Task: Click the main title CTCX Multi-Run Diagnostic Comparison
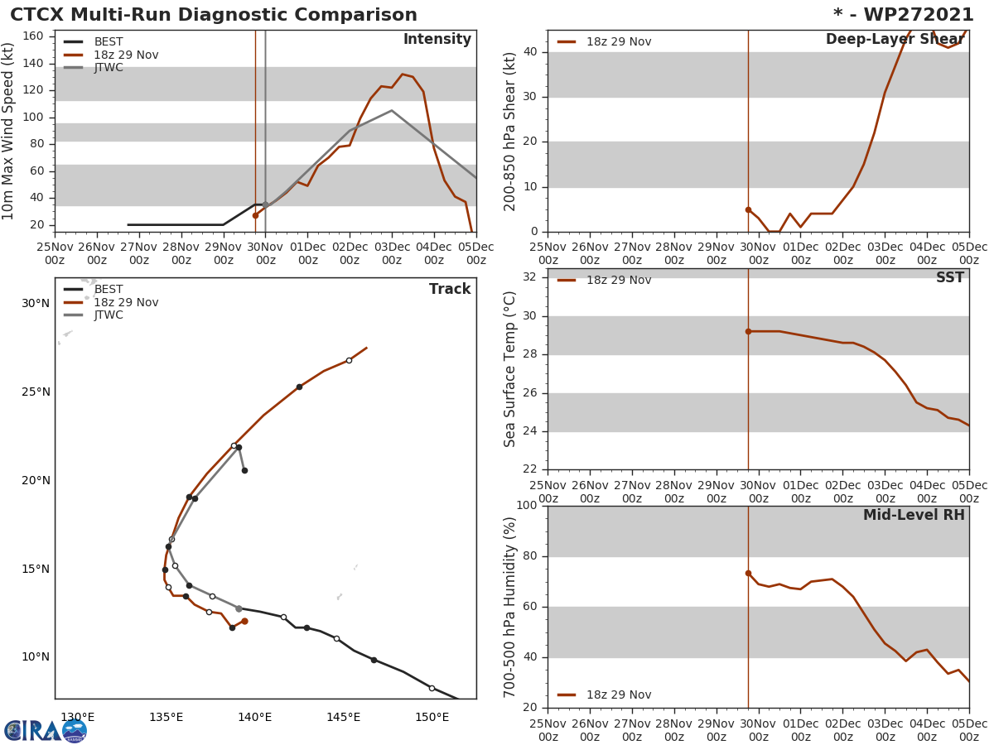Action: [214, 15]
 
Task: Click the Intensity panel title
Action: [437, 40]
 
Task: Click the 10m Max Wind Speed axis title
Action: [9, 131]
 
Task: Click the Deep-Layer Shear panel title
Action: [895, 40]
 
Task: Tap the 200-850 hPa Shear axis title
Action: [511, 131]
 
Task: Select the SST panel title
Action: [949, 278]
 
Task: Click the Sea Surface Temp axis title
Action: [511, 368]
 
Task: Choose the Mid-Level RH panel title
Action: [914, 516]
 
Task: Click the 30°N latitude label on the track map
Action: [36, 304]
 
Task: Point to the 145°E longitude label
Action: [343, 717]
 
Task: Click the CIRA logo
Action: [46, 731]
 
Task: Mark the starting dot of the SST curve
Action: [748, 331]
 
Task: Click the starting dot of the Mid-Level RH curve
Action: [748, 573]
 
